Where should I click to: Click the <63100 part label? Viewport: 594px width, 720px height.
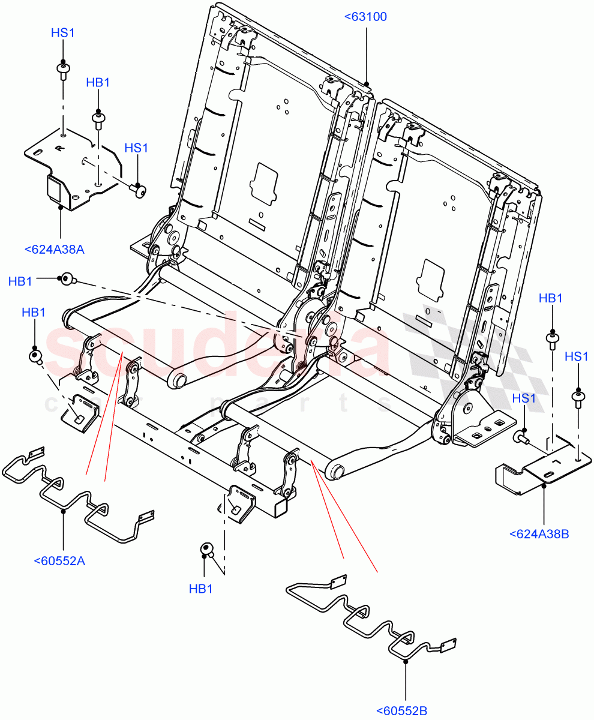(x=365, y=17)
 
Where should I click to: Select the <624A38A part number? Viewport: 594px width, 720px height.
(x=55, y=250)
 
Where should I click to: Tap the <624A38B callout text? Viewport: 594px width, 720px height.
(x=538, y=533)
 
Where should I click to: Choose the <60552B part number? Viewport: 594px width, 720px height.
(x=401, y=712)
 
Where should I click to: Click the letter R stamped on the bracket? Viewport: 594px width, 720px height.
(x=58, y=147)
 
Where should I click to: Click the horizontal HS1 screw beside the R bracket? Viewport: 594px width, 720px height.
(x=139, y=190)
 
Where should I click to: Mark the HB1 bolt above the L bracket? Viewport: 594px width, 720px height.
(x=551, y=340)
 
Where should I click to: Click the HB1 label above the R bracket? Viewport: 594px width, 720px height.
(x=98, y=83)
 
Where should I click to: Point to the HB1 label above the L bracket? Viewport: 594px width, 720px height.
(x=550, y=299)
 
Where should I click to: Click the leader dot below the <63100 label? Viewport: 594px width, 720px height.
(x=367, y=83)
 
